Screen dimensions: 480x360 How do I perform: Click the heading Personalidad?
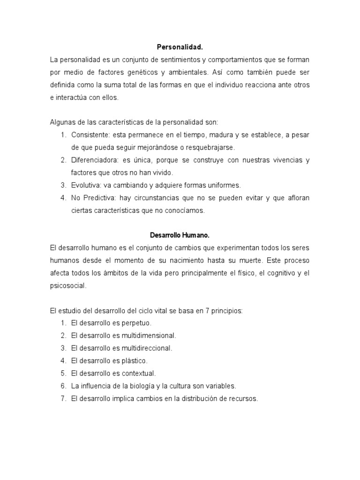click(x=180, y=48)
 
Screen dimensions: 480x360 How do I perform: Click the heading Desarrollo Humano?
click(x=180, y=235)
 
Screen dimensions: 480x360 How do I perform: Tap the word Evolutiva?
click(x=85, y=185)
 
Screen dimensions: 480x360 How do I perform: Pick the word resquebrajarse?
click(x=207, y=148)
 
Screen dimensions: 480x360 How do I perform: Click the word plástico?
click(x=134, y=361)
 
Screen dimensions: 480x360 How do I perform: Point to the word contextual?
click(x=138, y=374)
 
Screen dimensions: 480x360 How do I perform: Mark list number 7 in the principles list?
click(x=63, y=399)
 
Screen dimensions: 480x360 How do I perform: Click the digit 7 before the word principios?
click(x=207, y=310)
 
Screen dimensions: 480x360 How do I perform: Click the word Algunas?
click(x=62, y=122)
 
